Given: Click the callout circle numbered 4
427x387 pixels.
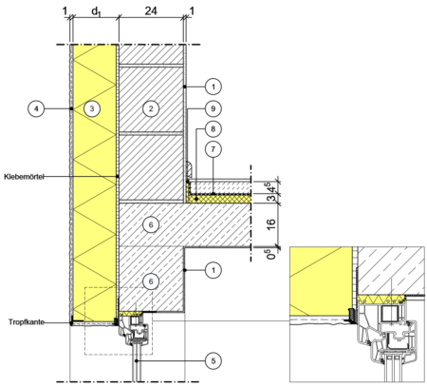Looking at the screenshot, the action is [36, 108].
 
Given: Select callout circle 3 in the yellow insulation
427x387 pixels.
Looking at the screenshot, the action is [92, 108].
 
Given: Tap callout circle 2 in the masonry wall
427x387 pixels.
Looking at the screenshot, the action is [151, 108].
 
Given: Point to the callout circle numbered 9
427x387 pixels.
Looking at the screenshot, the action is [213, 108].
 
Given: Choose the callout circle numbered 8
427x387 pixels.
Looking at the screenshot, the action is [213, 129].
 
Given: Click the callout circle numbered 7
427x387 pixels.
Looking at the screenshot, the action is [213, 149].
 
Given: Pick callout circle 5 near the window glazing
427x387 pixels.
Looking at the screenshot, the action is [213, 360].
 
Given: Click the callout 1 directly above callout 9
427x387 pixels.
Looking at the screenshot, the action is [213, 87].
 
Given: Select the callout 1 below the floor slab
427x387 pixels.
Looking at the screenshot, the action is [213, 270].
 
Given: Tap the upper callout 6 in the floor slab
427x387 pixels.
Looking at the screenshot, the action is [151, 224].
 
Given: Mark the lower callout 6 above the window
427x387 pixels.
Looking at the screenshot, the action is [151, 281].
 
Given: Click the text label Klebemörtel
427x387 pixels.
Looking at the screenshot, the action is [24, 177].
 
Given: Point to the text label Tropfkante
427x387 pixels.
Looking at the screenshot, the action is [26, 322].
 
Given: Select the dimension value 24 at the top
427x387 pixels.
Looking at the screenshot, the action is [151, 10].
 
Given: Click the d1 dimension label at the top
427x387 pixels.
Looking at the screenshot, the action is [96, 11].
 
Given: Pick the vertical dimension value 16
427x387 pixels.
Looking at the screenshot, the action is [271, 224].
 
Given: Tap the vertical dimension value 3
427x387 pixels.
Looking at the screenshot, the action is [271, 199].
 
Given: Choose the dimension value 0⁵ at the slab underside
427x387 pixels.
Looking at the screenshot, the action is [271, 253].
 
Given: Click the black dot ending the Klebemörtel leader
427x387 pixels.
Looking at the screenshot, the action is [118, 176].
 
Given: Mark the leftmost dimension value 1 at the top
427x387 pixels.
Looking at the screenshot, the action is [65, 10].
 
